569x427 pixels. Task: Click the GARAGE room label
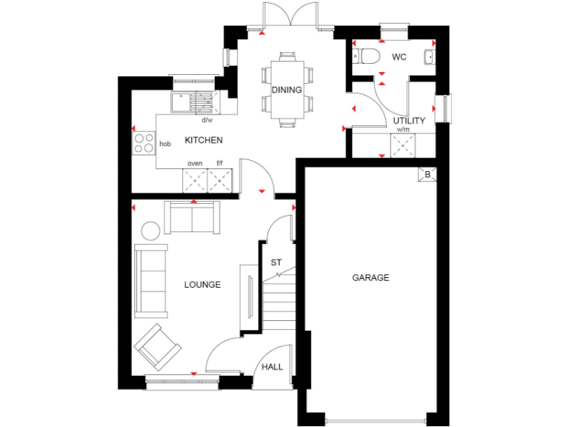click(x=370, y=277)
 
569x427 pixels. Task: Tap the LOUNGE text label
click(x=202, y=284)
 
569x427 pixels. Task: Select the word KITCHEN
click(x=204, y=140)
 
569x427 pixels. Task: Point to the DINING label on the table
click(x=286, y=90)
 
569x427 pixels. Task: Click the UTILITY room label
click(x=409, y=120)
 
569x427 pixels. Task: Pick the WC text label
click(x=399, y=57)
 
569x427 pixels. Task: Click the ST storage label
click(x=276, y=262)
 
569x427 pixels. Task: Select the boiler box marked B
click(x=427, y=175)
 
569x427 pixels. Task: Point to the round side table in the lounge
click(x=151, y=231)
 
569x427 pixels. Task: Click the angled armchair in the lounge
click(x=157, y=345)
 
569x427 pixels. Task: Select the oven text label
click(x=195, y=163)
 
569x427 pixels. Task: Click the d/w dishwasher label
click(x=207, y=120)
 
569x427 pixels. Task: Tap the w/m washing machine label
click(x=404, y=130)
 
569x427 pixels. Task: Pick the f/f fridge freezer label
click(x=219, y=163)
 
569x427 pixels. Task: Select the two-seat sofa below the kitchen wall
click(x=192, y=217)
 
